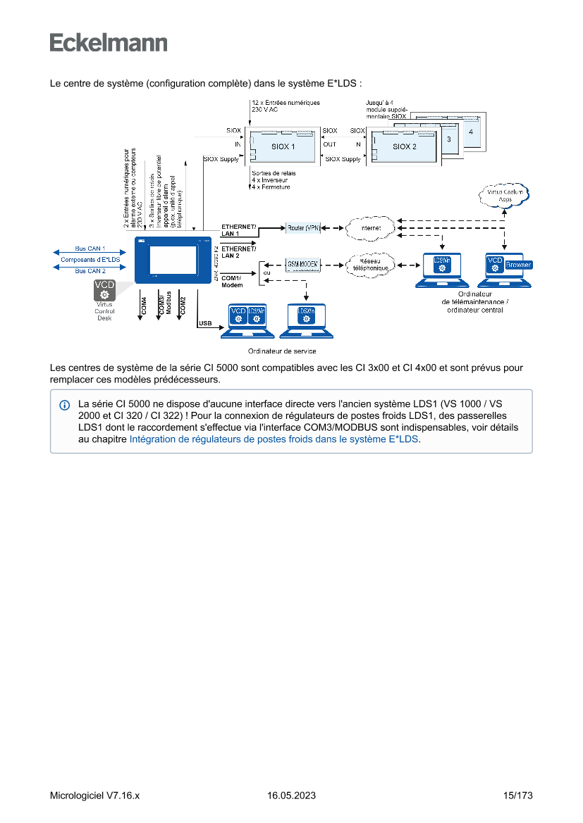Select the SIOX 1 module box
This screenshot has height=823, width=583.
coord(283,146)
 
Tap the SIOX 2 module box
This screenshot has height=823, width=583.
coord(404,146)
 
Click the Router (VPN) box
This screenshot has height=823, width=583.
coord(303,228)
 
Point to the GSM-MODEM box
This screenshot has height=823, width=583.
coord(303,264)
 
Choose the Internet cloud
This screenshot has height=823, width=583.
coord(369,228)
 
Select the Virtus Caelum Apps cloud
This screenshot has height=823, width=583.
coord(505,196)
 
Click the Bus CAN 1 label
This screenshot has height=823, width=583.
coord(90,249)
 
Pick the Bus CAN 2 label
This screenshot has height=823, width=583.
coord(90,270)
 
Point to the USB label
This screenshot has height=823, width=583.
coord(206,324)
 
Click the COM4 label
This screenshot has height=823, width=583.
coord(144,304)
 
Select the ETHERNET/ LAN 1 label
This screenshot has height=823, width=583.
coord(239,230)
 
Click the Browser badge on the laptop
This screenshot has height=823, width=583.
coord(518,265)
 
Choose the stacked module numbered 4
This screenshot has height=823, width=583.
coord(470,132)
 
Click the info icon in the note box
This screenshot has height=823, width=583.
coord(65,406)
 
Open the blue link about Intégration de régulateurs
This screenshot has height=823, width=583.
coord(274,439)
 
